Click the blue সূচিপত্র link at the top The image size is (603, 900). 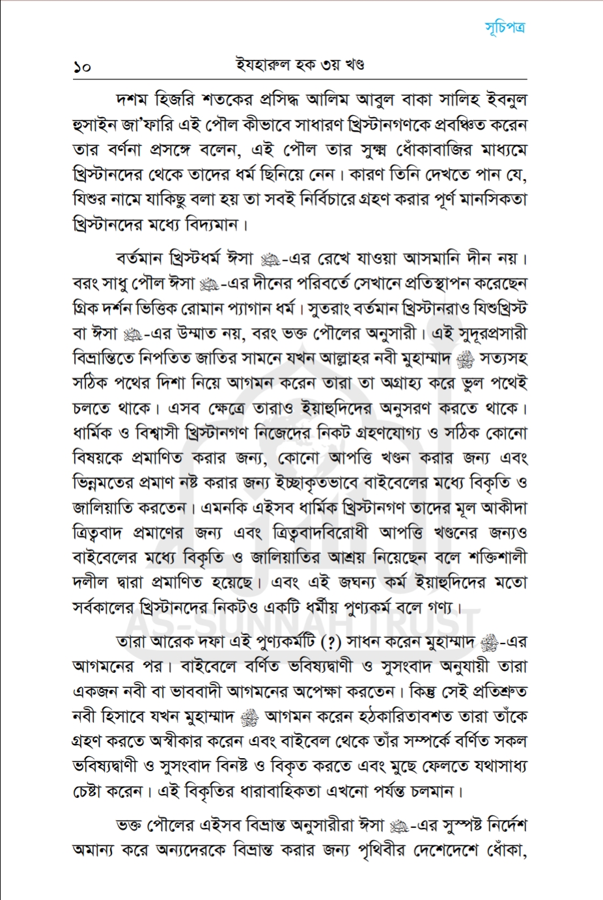tap(505, 27)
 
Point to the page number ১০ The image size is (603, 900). tap(82, 66)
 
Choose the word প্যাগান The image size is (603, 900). tap(245, 308)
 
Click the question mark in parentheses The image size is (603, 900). tap(332, 642)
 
